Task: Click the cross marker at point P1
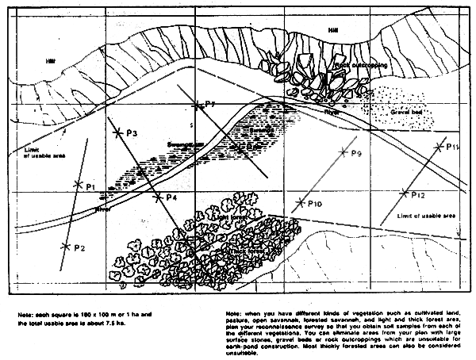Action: [78, 184]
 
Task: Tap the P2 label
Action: [79, 248]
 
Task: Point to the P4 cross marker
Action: [159, 197]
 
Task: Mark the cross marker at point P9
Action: [340, 151]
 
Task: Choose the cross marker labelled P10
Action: [299, 202]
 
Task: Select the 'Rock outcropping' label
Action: [361, 64]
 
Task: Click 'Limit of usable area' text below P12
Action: [425, 216]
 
